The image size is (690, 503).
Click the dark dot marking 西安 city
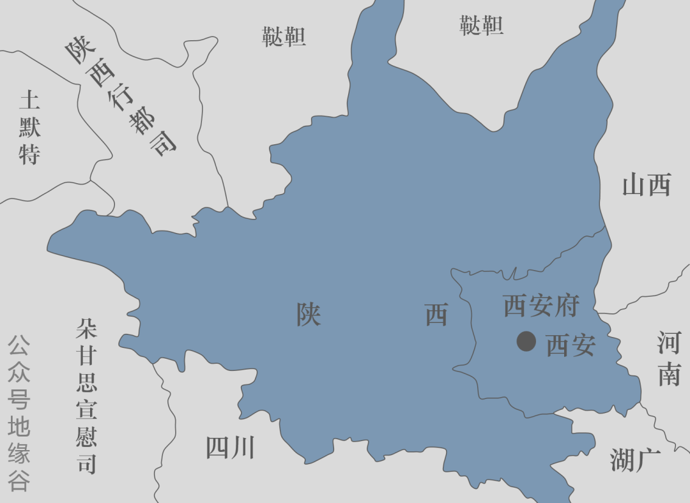(526, 342)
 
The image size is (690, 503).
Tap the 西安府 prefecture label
(540, 306)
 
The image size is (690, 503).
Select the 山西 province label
(647, 186)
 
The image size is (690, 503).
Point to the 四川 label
(230, 447)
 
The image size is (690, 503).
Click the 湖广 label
(634, 460)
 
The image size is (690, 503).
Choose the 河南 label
(670, 359)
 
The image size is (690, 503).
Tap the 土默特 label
(30, 128)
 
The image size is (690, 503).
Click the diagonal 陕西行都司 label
(119, 96)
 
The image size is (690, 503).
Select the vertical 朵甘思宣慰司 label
(86, 396)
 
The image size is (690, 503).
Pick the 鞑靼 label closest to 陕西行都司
(284, 36)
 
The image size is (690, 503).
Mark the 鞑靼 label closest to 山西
(482, 26)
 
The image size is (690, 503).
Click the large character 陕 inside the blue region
(309, 314)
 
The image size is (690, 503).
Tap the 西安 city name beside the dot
(571, 345)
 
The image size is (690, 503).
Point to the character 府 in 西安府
(567, 306)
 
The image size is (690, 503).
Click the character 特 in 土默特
(30, 154)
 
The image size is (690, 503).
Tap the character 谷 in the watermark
(19, 481)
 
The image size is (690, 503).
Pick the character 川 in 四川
(243, 447)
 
